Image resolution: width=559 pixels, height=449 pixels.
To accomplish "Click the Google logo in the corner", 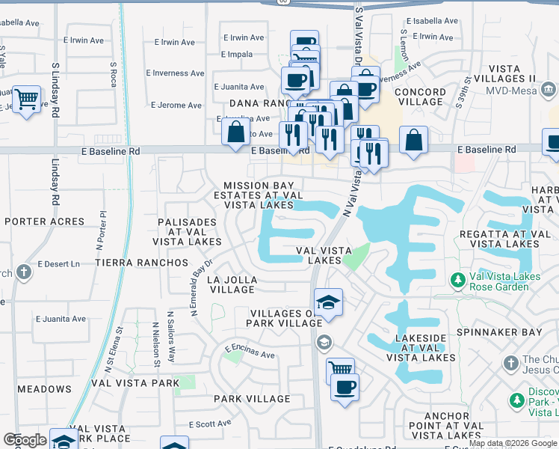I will coord(25,440).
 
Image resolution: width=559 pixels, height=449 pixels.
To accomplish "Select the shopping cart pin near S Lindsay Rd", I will coord(27,99).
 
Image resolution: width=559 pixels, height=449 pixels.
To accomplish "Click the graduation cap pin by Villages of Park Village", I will coord(328,302).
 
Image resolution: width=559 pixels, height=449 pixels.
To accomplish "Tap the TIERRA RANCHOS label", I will coord(141,263).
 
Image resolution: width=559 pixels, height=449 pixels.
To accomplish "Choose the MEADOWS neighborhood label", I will coord(44,389).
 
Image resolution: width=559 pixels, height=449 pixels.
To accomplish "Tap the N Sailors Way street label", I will coord(171,337).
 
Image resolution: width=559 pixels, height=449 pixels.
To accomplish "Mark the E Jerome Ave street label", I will coord(176,106).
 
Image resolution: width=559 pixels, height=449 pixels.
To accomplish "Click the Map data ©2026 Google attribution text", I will coord(513,443).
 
